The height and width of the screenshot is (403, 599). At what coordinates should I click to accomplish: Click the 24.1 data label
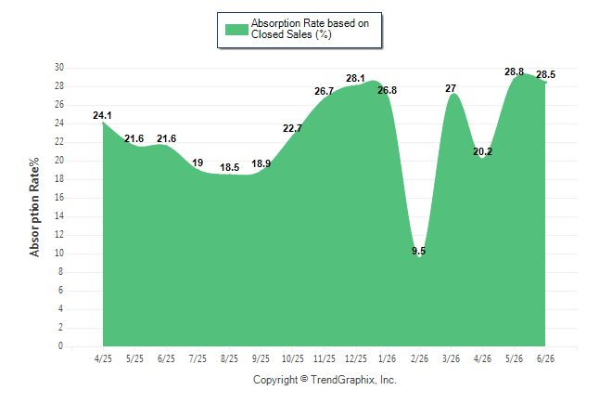point(102,115)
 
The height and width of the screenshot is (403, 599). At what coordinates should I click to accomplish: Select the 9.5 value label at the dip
point(419,251)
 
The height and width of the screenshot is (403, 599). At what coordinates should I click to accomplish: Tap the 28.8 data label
point(515,71)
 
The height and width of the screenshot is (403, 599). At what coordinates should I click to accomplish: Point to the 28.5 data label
point(546,74)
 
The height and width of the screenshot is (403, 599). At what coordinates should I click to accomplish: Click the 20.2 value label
point(482,152)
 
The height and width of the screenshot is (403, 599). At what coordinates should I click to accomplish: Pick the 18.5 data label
point(230,167)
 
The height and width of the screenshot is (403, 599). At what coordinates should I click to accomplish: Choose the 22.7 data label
point(292,128)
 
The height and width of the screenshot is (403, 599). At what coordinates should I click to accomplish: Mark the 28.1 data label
point(356,78)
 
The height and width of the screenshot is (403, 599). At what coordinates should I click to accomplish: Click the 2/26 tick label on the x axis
point(419,358)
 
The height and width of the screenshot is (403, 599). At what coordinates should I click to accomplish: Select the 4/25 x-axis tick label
point(103,358)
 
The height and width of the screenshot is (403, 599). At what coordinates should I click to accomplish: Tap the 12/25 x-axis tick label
point(356,358)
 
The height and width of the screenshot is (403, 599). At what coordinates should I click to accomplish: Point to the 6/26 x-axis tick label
point(545,358)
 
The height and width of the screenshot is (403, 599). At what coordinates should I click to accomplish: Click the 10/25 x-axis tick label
point(293,358)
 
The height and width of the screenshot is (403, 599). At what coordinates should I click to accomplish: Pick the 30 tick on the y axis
point(59,68)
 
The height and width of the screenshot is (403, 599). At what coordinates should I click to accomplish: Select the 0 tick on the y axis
point(61,346)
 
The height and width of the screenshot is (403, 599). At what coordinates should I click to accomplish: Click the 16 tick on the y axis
point(59,198)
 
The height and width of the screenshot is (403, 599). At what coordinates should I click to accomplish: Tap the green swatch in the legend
point(236,30)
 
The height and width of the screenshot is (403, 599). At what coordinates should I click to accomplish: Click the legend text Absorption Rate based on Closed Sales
point(311,29)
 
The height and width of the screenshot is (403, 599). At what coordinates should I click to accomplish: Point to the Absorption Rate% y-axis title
point(34,207)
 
